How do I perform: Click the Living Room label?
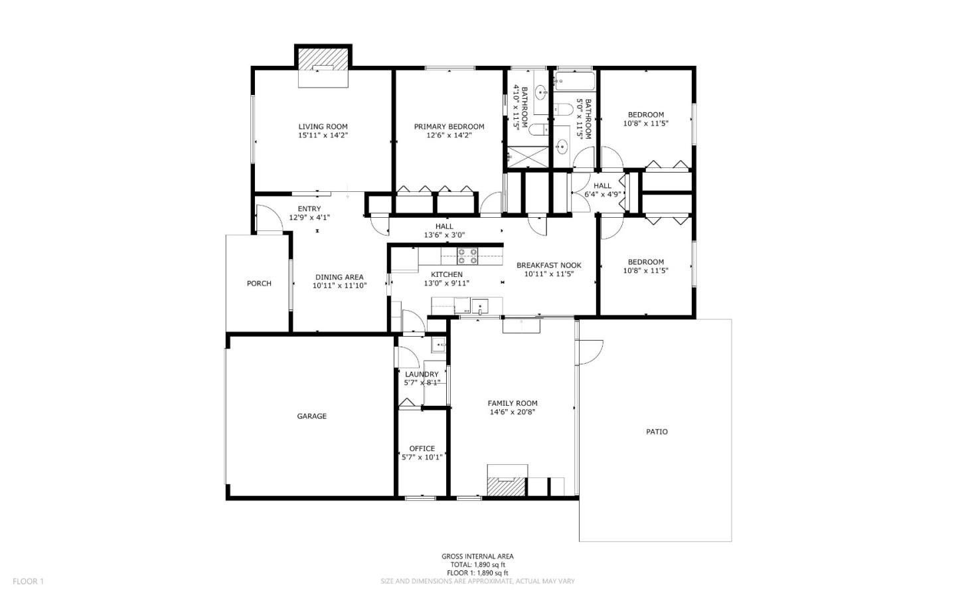click(x=323, y=126)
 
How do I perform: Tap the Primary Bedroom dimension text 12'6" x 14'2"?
click(x=449, y=135)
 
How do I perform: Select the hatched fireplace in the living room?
click(x=323, y=59)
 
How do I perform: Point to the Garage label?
click(x=311, y=416)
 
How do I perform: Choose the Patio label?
click(x=657, y=432)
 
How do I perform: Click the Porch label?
click(x=259, y=284)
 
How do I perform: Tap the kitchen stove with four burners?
click(x=467, y=255)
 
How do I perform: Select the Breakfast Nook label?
click(x=548, y=265)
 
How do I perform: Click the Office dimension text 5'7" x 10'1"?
click(x=422, y=457)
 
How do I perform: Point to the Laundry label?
click(x=422, y=375)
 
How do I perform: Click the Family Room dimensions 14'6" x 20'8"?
click(x=513, y=412)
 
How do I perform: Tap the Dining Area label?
click(x=339, y=278)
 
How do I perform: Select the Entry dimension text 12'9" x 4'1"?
click(x=309, y=217)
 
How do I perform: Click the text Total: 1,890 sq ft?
click(x=477, y=564)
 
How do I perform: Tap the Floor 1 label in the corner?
click(x=28, y=582)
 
